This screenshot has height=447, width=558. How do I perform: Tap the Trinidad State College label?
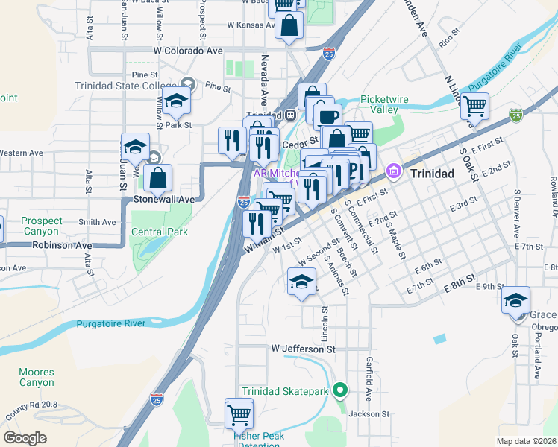click(x=125, y=86)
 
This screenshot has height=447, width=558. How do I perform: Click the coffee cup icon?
click(x=327, y=115)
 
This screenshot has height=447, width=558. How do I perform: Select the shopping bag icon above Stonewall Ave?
click(x=158, y=178)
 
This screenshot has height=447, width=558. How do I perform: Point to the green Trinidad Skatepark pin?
click(x=341, y=390)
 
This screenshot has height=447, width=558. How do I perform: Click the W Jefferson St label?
click(x=304, y=348)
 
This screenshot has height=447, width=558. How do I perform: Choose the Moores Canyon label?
click(x=36, y=377)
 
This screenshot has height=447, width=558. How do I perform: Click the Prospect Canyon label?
click(x=42, y=226)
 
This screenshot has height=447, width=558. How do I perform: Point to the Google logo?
click(x=25, y=437)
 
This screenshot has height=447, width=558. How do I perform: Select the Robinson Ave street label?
click(x=61, y=244)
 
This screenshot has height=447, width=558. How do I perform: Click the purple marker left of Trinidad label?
click(x=393, y=172)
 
